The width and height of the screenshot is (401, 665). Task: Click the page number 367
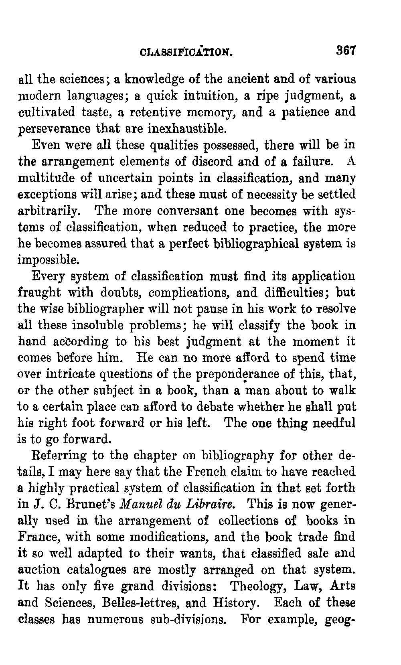coord(346,51)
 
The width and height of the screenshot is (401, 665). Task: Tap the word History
coord(237,603)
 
